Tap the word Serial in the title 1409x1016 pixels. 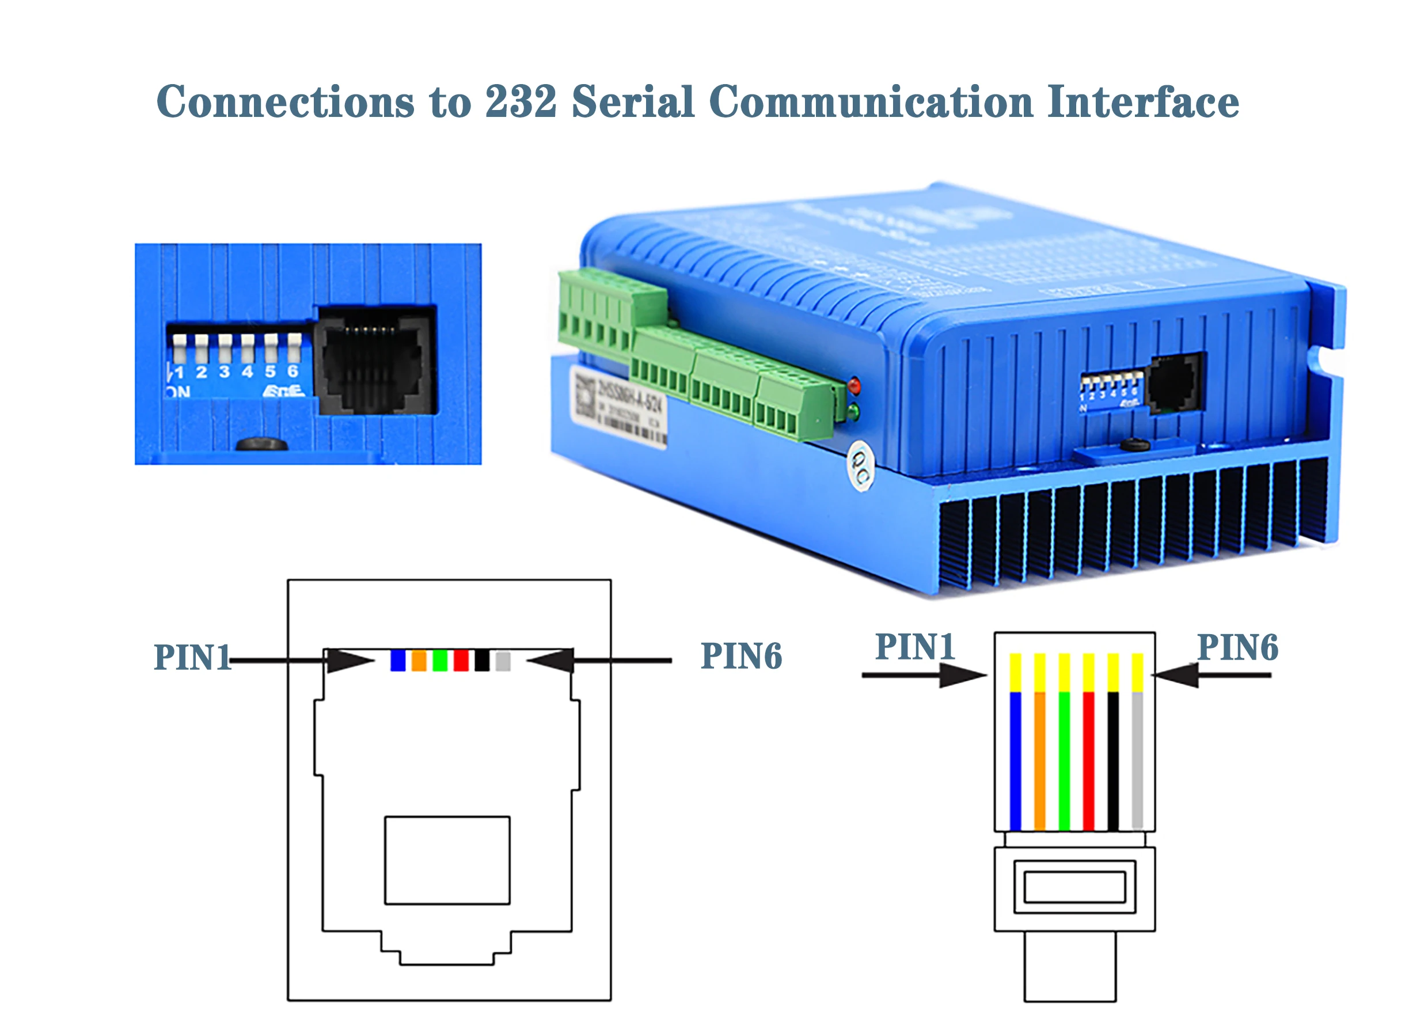(x=632, y=102)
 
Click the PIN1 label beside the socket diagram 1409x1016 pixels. (x=192, y=657)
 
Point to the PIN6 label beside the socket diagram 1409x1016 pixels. (x=740, y=656)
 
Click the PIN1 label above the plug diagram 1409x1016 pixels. (x=914, y=647)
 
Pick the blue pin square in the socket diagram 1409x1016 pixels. (x=398, y=661)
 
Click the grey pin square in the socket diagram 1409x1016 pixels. (x=503, y=661)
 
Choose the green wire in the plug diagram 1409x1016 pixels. (x=1064, y=761)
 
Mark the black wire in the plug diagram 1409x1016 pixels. (x=1112, y=761)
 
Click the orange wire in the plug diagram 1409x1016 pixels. (x=1039, y=761)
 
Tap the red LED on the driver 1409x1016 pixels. (x=855, y=385)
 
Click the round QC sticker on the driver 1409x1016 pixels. (x=860, y=465)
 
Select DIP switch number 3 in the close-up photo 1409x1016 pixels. (x=224, y=348)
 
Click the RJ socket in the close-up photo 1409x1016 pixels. (x=376, y=361)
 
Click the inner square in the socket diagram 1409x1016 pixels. (x=447, y=860)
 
